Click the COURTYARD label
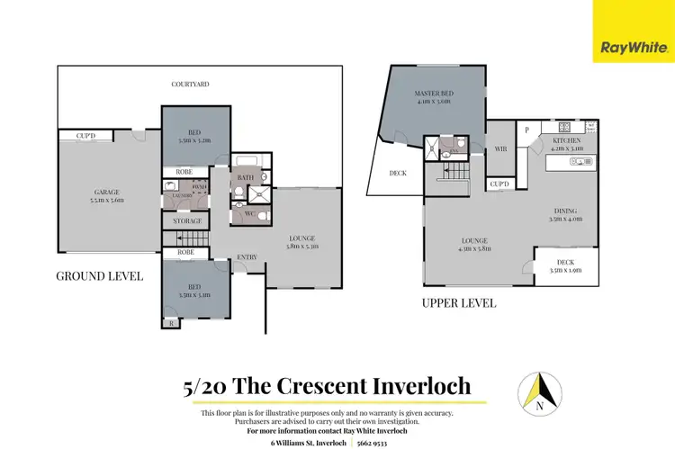point(191,84)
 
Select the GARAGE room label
point(109,192)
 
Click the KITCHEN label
point(567,141)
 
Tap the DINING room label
point(566,210)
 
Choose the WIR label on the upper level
point(500,150)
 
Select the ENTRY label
point(247,257)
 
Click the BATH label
point(246,177)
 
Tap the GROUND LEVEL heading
point(100,276)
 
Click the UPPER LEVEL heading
point(459,303)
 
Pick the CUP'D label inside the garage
point(86,137)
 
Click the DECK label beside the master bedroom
point(397,174)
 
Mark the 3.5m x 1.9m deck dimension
point(563,269)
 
